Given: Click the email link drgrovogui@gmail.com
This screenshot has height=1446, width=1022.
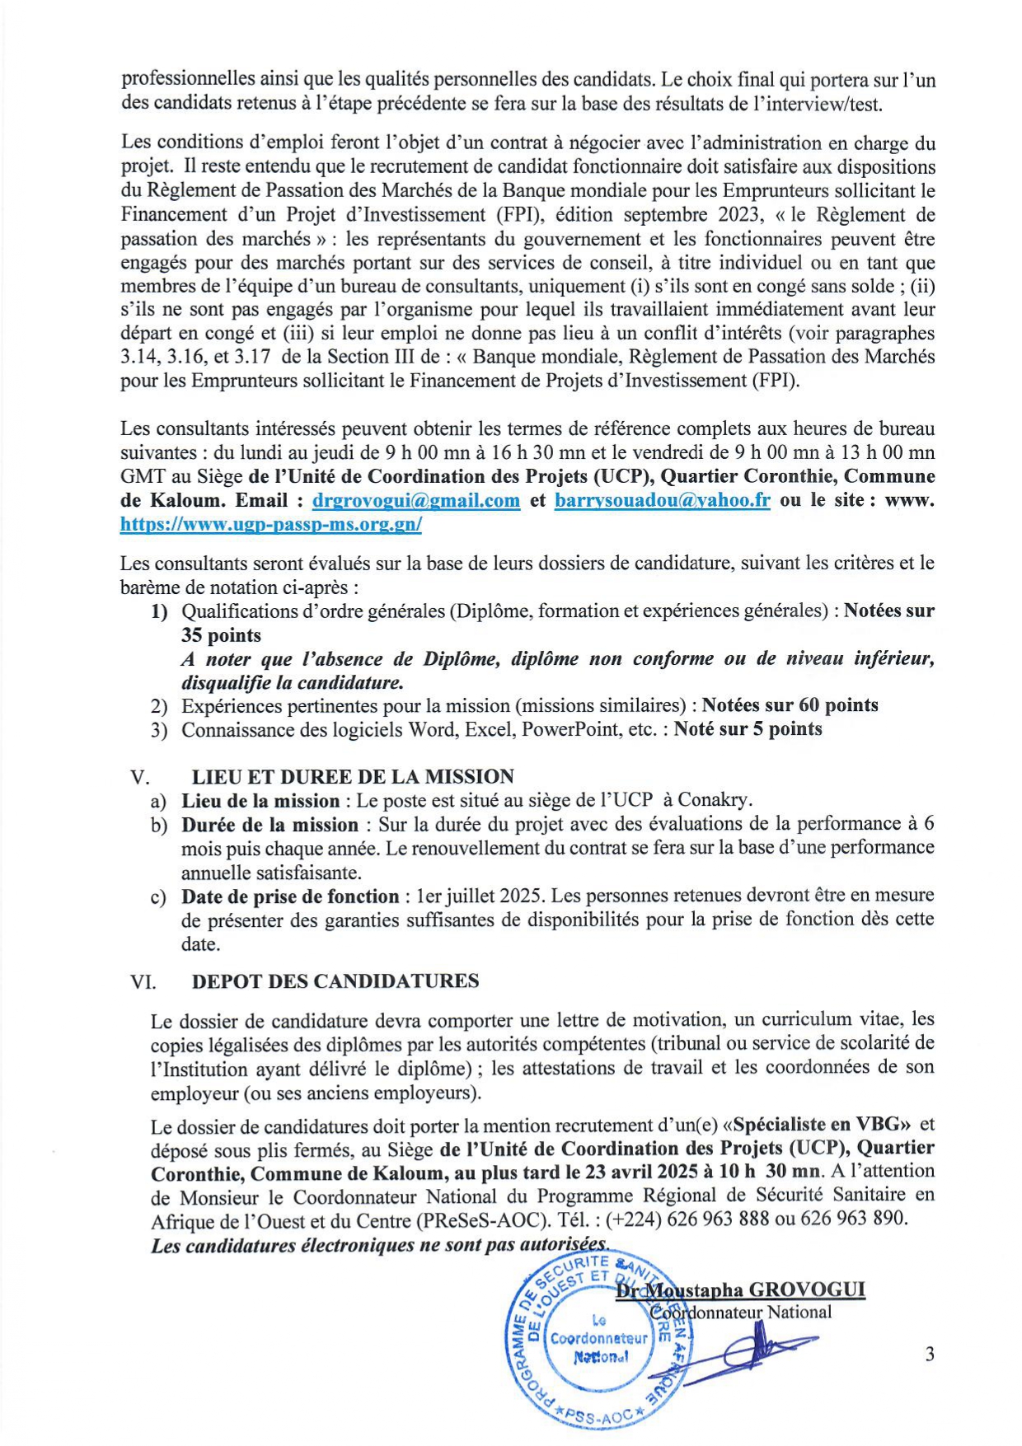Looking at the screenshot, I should tap(416, 500).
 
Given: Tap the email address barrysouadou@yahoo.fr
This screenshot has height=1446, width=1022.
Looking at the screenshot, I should tap(663, 500).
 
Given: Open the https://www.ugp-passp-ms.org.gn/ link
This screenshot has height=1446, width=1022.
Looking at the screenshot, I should tap(271, 524).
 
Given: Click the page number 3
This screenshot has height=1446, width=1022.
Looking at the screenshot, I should tap(930, 1354).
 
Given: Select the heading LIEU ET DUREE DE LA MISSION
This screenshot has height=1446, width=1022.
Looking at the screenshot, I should tap(353, 776).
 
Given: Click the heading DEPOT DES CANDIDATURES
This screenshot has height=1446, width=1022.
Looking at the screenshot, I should tap(335, 980).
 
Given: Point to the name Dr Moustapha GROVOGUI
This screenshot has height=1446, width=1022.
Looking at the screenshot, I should tap(742, 1289).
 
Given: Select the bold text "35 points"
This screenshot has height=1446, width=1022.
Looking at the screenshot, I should tap(221, 635).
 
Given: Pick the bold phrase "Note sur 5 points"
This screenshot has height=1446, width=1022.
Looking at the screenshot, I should tap(748, 729).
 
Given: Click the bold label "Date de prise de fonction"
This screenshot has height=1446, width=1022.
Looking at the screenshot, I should tap(290, 896).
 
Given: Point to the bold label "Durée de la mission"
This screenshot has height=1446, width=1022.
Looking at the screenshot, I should tap(270, 825).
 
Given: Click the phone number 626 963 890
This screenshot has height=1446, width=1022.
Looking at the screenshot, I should tap(853, 1219).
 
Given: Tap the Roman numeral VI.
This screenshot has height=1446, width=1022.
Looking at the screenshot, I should tap(143, 981).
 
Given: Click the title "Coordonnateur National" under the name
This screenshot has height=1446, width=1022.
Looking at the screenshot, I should tap(742, 1312).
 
